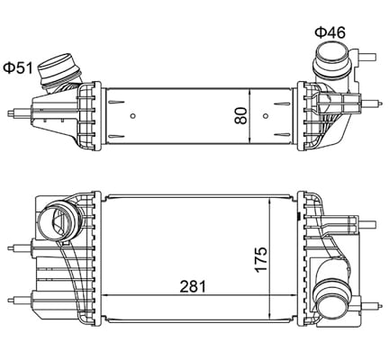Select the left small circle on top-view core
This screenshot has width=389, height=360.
click(132, 115)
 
